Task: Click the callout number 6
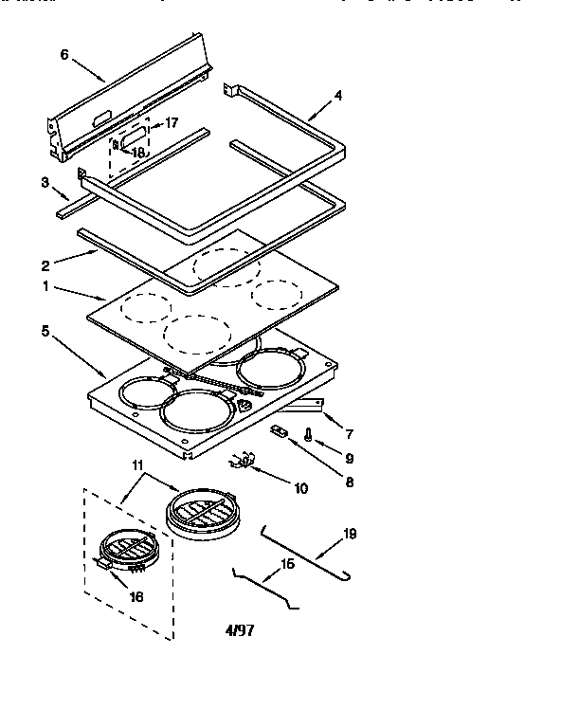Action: (64, 54)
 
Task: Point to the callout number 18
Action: (137, 152)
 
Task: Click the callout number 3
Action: (45, 182)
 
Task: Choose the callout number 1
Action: (45, 285)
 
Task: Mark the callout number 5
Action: (45, 331)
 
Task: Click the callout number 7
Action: (349, 434)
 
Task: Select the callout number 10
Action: (301, 489)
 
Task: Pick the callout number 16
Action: (136, 597)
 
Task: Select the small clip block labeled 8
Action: (280, 431)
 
